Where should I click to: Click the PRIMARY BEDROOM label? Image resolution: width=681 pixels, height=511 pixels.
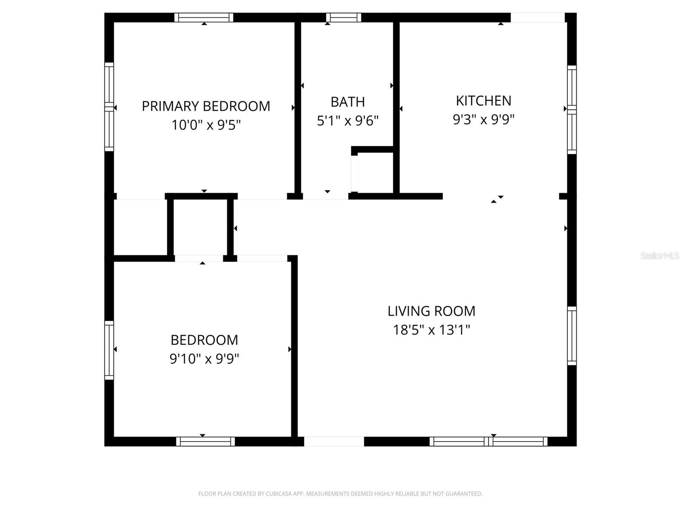pyautogui.click(x=206, y=106)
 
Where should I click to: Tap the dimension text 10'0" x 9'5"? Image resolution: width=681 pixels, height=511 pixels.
pyautogui.click(x=206, y=125)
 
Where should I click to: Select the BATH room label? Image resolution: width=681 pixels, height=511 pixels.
pyautogui.click(x=348, y=102)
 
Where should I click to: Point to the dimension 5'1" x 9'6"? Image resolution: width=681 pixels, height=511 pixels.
pyautogui.click(x=348, y=121)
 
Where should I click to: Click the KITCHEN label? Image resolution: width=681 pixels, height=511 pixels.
pyautogui.click(x=484, y=101)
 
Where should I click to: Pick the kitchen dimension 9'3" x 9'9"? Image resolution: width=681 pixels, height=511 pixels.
pyautogui.click(x=484, y=120)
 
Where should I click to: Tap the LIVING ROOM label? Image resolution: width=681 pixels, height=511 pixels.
pyautogui.click(x=431, y=311)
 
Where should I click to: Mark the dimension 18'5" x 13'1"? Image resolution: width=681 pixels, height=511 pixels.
pyautogui.click(x=431, y=330)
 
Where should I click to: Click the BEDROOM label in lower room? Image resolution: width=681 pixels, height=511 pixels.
pyautogui.click(x=204, y=340)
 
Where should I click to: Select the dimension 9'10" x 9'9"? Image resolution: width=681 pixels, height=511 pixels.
pyautogui.click(x=204, y=359)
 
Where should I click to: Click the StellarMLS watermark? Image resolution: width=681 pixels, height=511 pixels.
pyautogui.click(x=659, y=256)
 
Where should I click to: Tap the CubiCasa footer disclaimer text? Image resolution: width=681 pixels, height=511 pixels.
pyautogui.click(x=340, y=494)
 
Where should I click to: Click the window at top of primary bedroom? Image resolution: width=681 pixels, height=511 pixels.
pyautogui.click(x=204, y=17)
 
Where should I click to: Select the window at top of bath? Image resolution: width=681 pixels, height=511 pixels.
pyautogui.click(x=343, y=17)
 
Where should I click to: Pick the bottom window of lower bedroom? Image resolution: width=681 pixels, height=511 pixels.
pyautogui.click(x=206, y=442)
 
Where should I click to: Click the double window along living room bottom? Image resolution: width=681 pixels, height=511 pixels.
pyautogui.click(x=488, y=442)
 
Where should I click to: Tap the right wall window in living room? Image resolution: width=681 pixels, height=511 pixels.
pyautogui.click(x=572, y=336)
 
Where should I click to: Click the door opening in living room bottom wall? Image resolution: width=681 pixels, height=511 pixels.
pyautogui.click(x=334, y=442)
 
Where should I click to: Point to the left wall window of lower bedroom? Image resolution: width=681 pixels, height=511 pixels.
pyautogui.click(x=109, y=350)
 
